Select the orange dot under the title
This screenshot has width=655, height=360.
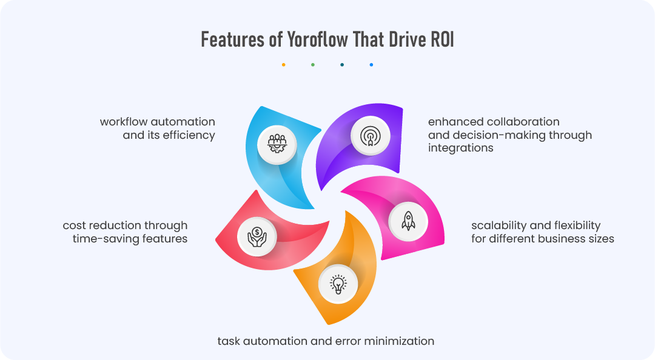click(x=284, y=64)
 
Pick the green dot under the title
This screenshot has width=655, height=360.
click(x=313, y=64)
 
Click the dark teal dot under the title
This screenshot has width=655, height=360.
click(x=342, y=64)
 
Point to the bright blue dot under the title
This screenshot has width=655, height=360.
click(x=371, y=64)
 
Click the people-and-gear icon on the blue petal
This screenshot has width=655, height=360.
click(x=277, y=144)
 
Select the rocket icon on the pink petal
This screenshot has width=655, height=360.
click(x=408, y=221)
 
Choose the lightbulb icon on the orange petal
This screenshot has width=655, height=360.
click(x=338, y=284)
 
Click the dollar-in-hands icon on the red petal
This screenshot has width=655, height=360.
click(x=257, y=233)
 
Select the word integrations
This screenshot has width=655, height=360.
click(x=460, y=148)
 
